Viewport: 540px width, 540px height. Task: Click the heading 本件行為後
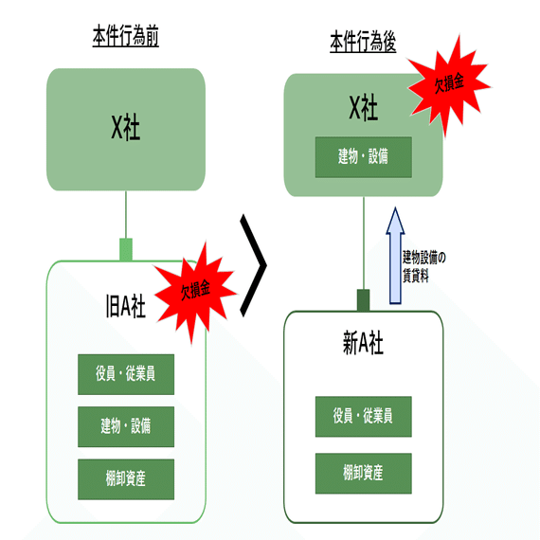point(363,43)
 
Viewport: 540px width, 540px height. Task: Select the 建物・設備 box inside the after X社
point(363,157)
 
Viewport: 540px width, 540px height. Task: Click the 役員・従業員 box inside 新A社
point(363,415)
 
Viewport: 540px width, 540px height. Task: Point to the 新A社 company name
point(363,343)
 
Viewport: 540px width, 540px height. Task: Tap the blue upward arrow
point(395,258)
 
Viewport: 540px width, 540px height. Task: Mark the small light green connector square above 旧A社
point(126,250)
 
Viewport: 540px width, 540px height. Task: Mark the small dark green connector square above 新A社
point(363,300)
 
